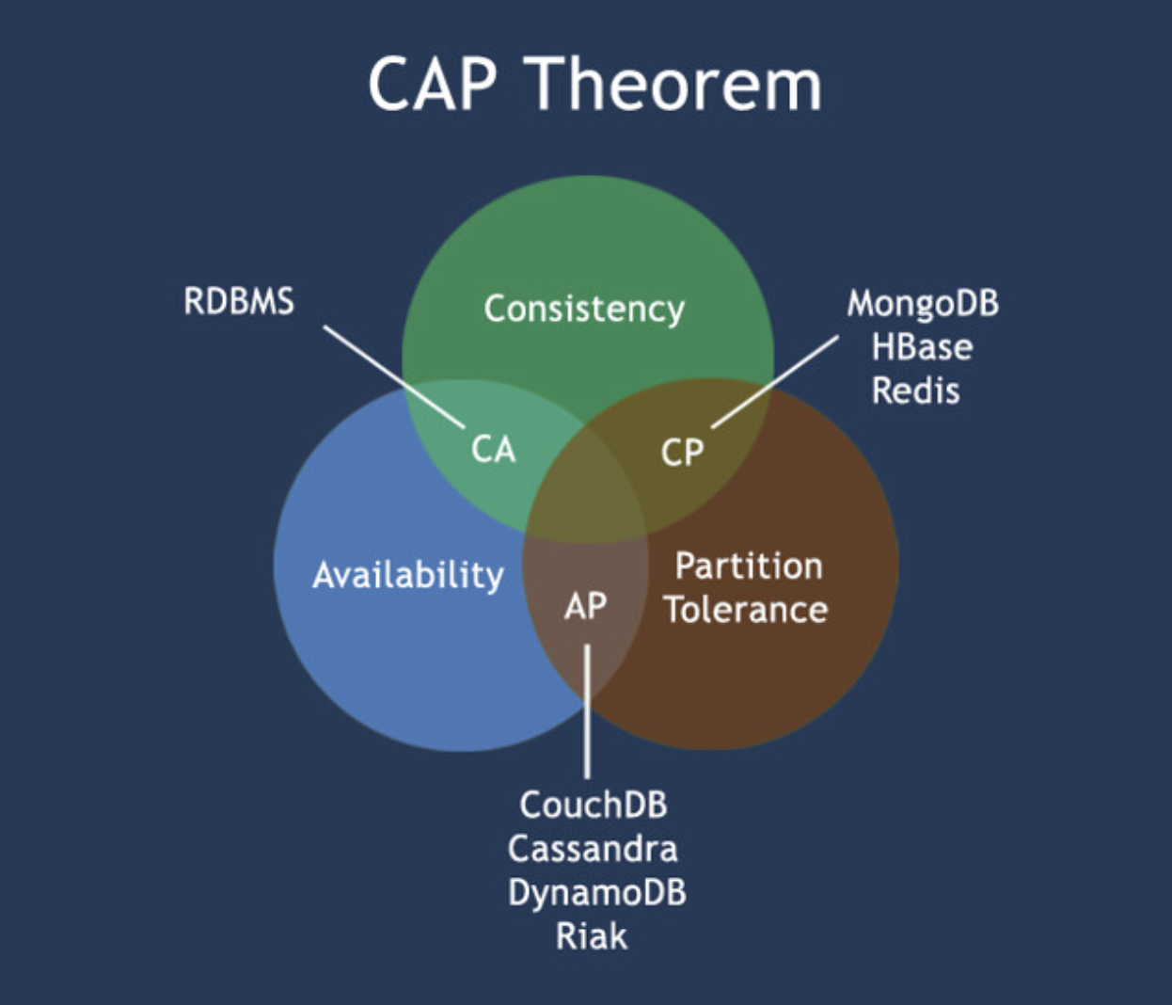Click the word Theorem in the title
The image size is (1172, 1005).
tap(676, 85)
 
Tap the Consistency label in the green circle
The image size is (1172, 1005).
tap(584, 310)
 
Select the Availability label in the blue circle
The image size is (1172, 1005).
tap(408, 575)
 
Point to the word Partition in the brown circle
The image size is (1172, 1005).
tap(749, 566)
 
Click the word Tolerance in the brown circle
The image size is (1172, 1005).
tap(746, 610)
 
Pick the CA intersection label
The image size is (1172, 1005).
tap(493, 450)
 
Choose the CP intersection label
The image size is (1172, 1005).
tap(682, 453)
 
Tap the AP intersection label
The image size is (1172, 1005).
tap(585, 606)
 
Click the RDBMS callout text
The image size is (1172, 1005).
tap(239, 302)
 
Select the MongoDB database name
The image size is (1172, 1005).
tap(923, 304)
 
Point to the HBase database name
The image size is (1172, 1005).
tap(922, 347)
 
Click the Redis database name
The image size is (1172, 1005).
tap(915, 391)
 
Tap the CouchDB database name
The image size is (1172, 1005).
tap(594, 806)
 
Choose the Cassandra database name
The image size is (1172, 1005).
tap(593, 849)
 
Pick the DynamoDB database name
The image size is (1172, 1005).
tap(596, 892)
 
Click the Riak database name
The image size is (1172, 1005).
tap(591, 936)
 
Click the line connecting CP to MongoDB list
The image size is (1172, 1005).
tap(774, 382)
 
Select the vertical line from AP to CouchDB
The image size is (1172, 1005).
tap(587, 711)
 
